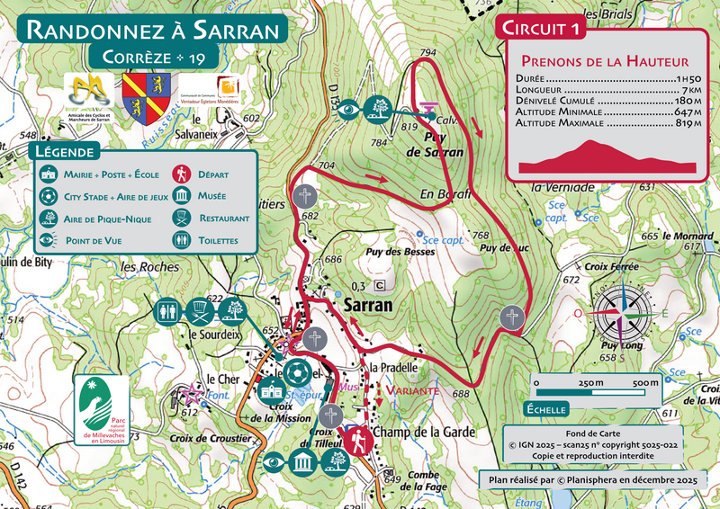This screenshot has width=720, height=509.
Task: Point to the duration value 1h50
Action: pos(688,79)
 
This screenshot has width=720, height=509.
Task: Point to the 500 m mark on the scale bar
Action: pos(643,383)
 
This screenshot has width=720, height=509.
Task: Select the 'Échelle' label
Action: pos(545,409)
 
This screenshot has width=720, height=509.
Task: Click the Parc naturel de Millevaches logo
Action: pos(100,409)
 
